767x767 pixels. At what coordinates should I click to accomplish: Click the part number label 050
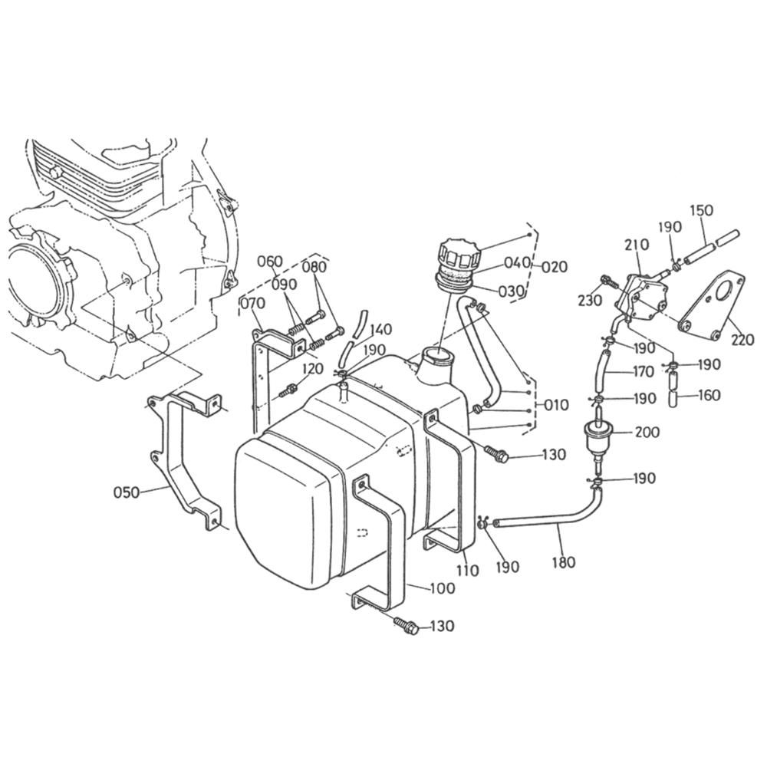pos(127,492)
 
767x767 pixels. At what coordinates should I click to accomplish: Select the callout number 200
pos(647,432)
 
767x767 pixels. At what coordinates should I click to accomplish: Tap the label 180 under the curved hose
pos(564,562)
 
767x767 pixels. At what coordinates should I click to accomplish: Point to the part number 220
pos(742,339)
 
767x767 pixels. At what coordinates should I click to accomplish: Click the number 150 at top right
pos(702,210)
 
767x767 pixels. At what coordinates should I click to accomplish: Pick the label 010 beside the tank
pos(557,405)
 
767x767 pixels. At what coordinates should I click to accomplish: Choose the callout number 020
pos(555,267)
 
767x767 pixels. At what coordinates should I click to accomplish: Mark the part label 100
pos(443,588)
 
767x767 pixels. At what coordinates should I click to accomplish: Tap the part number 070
pos(253,304)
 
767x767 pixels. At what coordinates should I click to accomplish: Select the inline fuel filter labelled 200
pos(597,438)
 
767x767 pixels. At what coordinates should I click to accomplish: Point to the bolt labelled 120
pos(288,390)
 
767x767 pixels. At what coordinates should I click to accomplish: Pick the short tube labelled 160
pos(673,389)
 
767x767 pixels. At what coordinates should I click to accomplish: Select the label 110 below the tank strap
pos(468,570)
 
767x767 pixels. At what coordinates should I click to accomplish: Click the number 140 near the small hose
pos(380,329)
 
